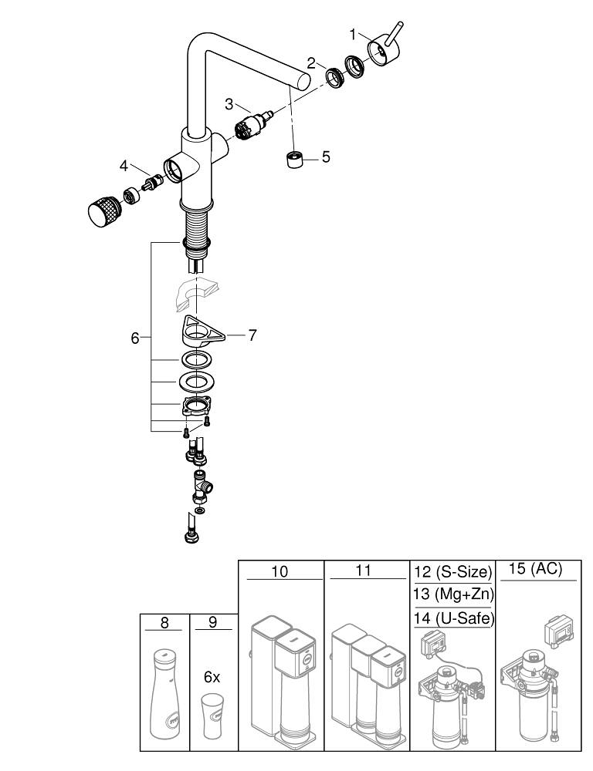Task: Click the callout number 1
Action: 353,34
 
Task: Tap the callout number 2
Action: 311,63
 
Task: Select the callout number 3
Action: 229,103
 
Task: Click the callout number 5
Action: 325,157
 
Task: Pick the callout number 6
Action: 135,338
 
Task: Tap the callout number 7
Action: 252,335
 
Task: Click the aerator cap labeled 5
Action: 293,160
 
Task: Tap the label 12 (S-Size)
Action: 452,572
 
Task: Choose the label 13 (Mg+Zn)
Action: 452,595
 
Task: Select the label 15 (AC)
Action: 536,571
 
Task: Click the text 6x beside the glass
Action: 212,677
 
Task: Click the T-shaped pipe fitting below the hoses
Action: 205,487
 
